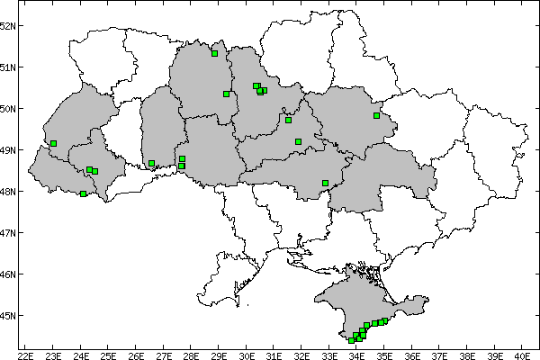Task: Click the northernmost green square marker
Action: (x=215, y=53)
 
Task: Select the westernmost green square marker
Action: (x=54, y=143)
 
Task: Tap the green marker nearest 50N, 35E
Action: (x=377, y=115)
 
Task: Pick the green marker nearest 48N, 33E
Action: (x=325, y=183)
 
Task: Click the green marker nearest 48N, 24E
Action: (x=84, y=193)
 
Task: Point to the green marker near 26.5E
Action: (x=151, y=164)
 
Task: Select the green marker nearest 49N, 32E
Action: (x=298, y=141)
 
